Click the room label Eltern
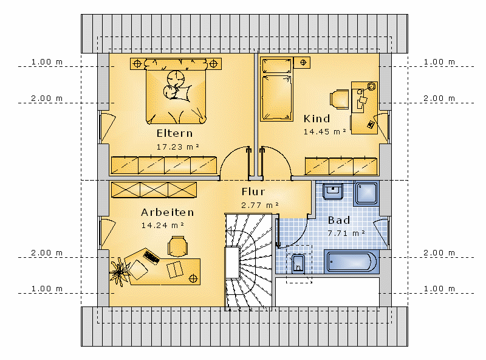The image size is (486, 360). pos(174,133)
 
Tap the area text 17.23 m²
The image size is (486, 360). pos(177,147)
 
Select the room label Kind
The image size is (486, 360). pos(317,119)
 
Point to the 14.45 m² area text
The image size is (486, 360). pos(324,131)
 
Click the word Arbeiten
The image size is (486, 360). pos(168,212)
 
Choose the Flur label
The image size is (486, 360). pos(253,192)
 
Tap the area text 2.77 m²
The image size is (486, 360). pos(260,205)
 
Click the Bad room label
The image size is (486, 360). pos(339,220)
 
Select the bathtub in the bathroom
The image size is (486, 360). pos(352,262)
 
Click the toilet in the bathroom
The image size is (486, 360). pos(298,264)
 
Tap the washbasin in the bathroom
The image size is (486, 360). pos(333,190)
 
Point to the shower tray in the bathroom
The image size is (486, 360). pos(366,193)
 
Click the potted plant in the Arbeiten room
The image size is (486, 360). pos(119,272)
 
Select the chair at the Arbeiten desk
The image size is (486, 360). pos(177,246)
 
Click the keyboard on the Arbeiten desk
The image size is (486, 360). pos(151,257)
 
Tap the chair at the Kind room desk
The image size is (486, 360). pos(340,99)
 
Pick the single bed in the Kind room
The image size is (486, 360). pos(276,89)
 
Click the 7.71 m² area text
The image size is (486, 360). pos(346,233)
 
